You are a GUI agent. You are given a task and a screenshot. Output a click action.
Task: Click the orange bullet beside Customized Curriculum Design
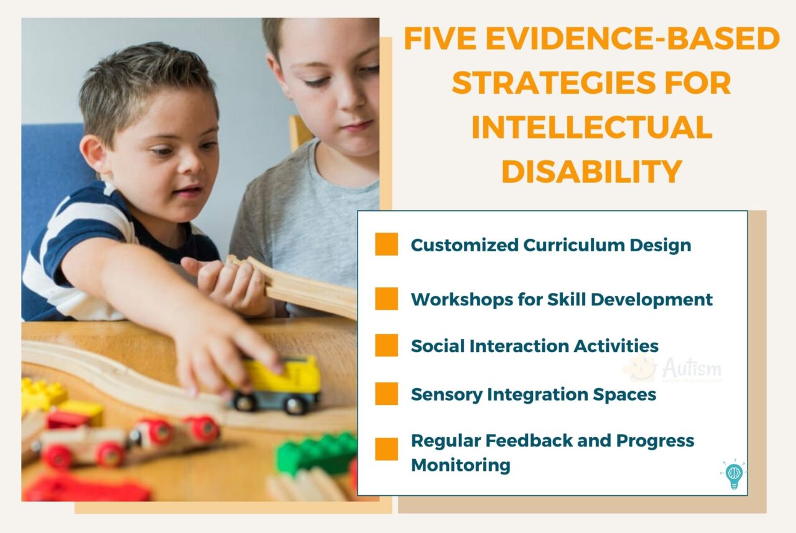click(386, 244)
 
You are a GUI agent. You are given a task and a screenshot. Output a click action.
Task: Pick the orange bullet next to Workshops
click(386, 299)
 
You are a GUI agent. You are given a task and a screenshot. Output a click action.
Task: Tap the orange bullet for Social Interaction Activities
click(386, 345)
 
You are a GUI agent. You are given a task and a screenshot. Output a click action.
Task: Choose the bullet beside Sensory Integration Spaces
click(386, 394)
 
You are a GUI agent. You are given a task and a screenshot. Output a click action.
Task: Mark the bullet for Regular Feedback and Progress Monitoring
click(386, 449)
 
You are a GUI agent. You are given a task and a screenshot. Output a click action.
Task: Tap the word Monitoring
click(461, 465)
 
